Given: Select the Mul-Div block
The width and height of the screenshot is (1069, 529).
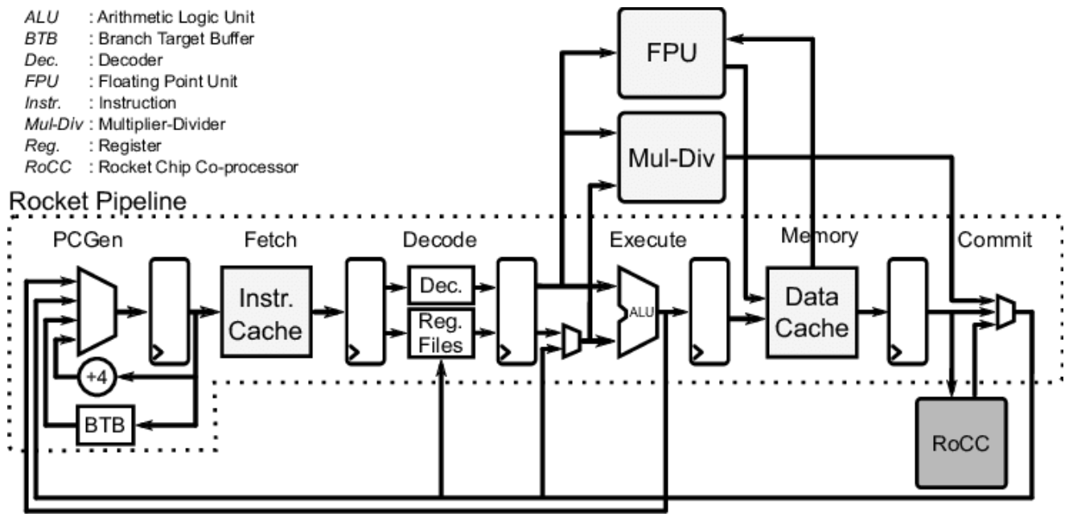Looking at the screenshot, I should tap(670, 158).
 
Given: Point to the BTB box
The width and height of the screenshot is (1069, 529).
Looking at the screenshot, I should tap(105, 424).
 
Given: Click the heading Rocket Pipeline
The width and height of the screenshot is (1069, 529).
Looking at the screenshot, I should tap(97, 201).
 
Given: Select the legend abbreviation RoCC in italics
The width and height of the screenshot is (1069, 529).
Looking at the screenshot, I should tap(41, 168).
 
